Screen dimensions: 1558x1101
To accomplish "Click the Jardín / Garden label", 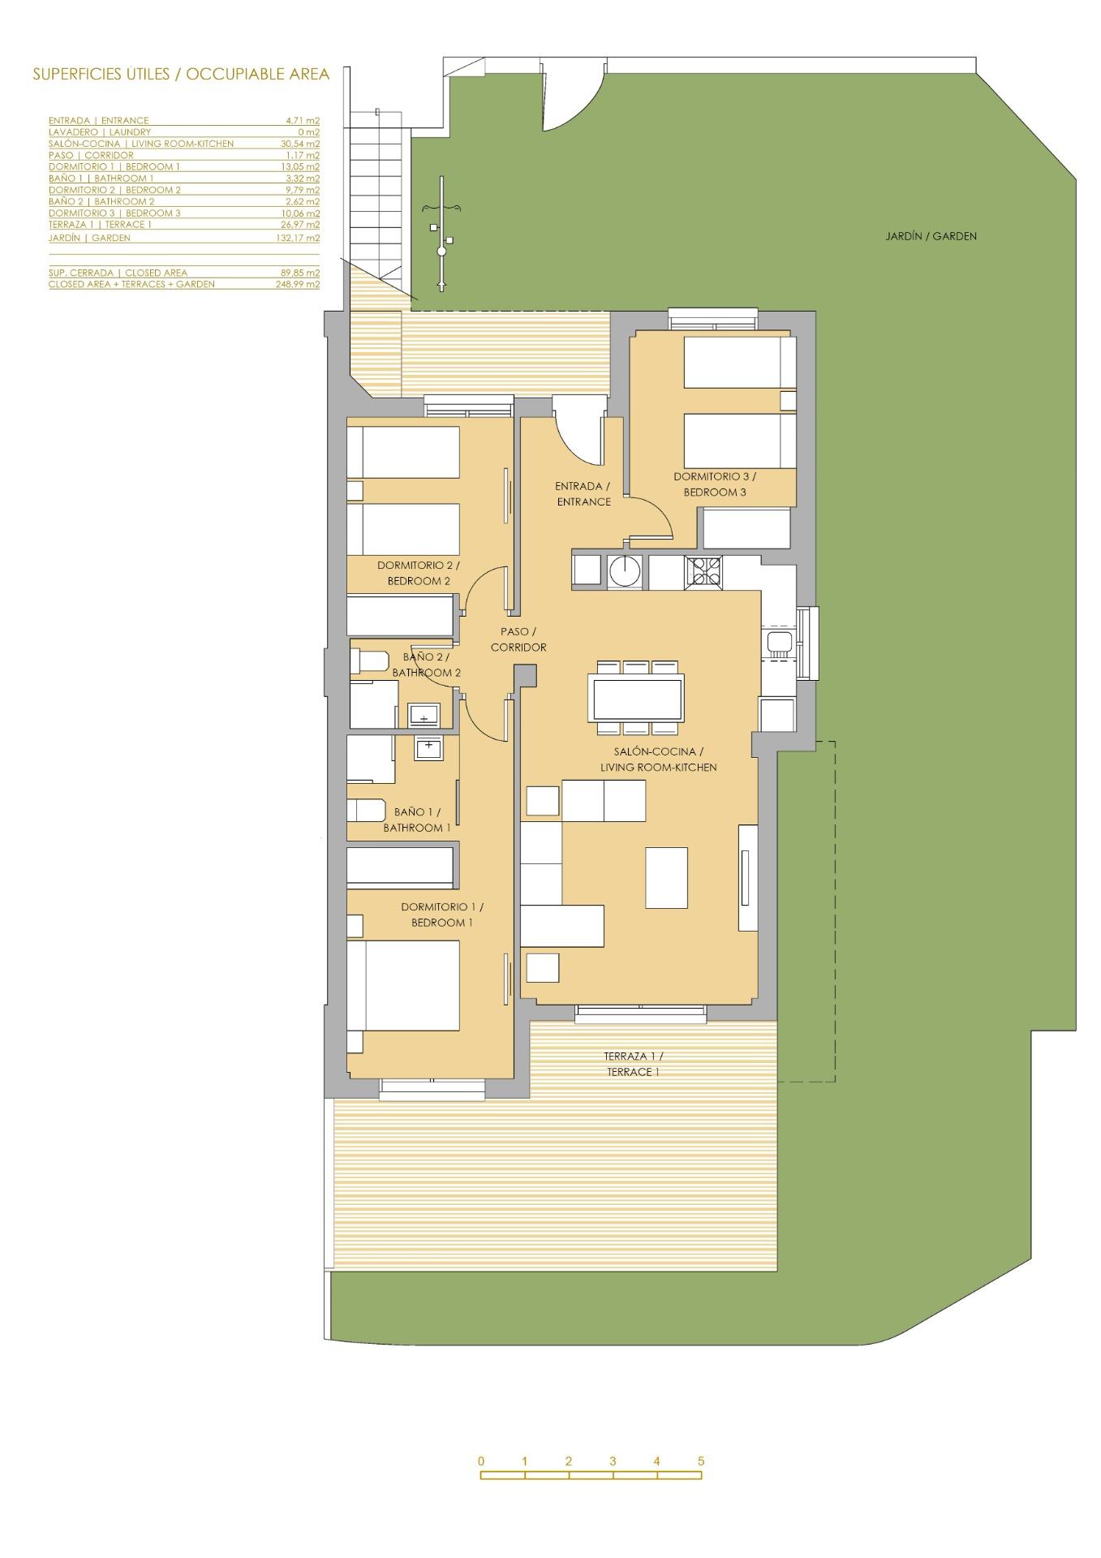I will click(x=931, y=236).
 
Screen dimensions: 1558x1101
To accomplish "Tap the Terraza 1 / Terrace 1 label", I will click(x=633, y=1064).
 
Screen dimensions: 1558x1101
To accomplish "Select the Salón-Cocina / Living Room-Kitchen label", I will click(x=658, y=760).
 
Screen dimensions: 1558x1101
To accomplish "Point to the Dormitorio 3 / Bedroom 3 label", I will click(x=714, y=484).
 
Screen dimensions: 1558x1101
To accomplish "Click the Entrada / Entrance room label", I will click(x=583, y=493).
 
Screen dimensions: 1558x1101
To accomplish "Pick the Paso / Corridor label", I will click(x=518, y=639).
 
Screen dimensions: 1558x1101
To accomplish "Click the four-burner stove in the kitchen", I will click(x=703, y=571).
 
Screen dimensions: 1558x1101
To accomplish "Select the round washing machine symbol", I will click(x=626, y=570).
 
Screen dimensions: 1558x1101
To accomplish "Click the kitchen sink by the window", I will click(x=779, y=643).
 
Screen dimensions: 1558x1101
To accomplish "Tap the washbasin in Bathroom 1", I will click(x=428, y=747).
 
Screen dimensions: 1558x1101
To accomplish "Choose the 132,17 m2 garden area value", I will click(x=298, y=239).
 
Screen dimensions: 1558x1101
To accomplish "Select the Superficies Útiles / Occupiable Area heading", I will click(x=181, y=75).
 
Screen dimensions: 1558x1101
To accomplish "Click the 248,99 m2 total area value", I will click(x=298, y=285).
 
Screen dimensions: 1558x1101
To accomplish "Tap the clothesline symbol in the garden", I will click(x=441, y=234).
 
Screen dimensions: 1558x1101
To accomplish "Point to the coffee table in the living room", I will click(x=666, y=877).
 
